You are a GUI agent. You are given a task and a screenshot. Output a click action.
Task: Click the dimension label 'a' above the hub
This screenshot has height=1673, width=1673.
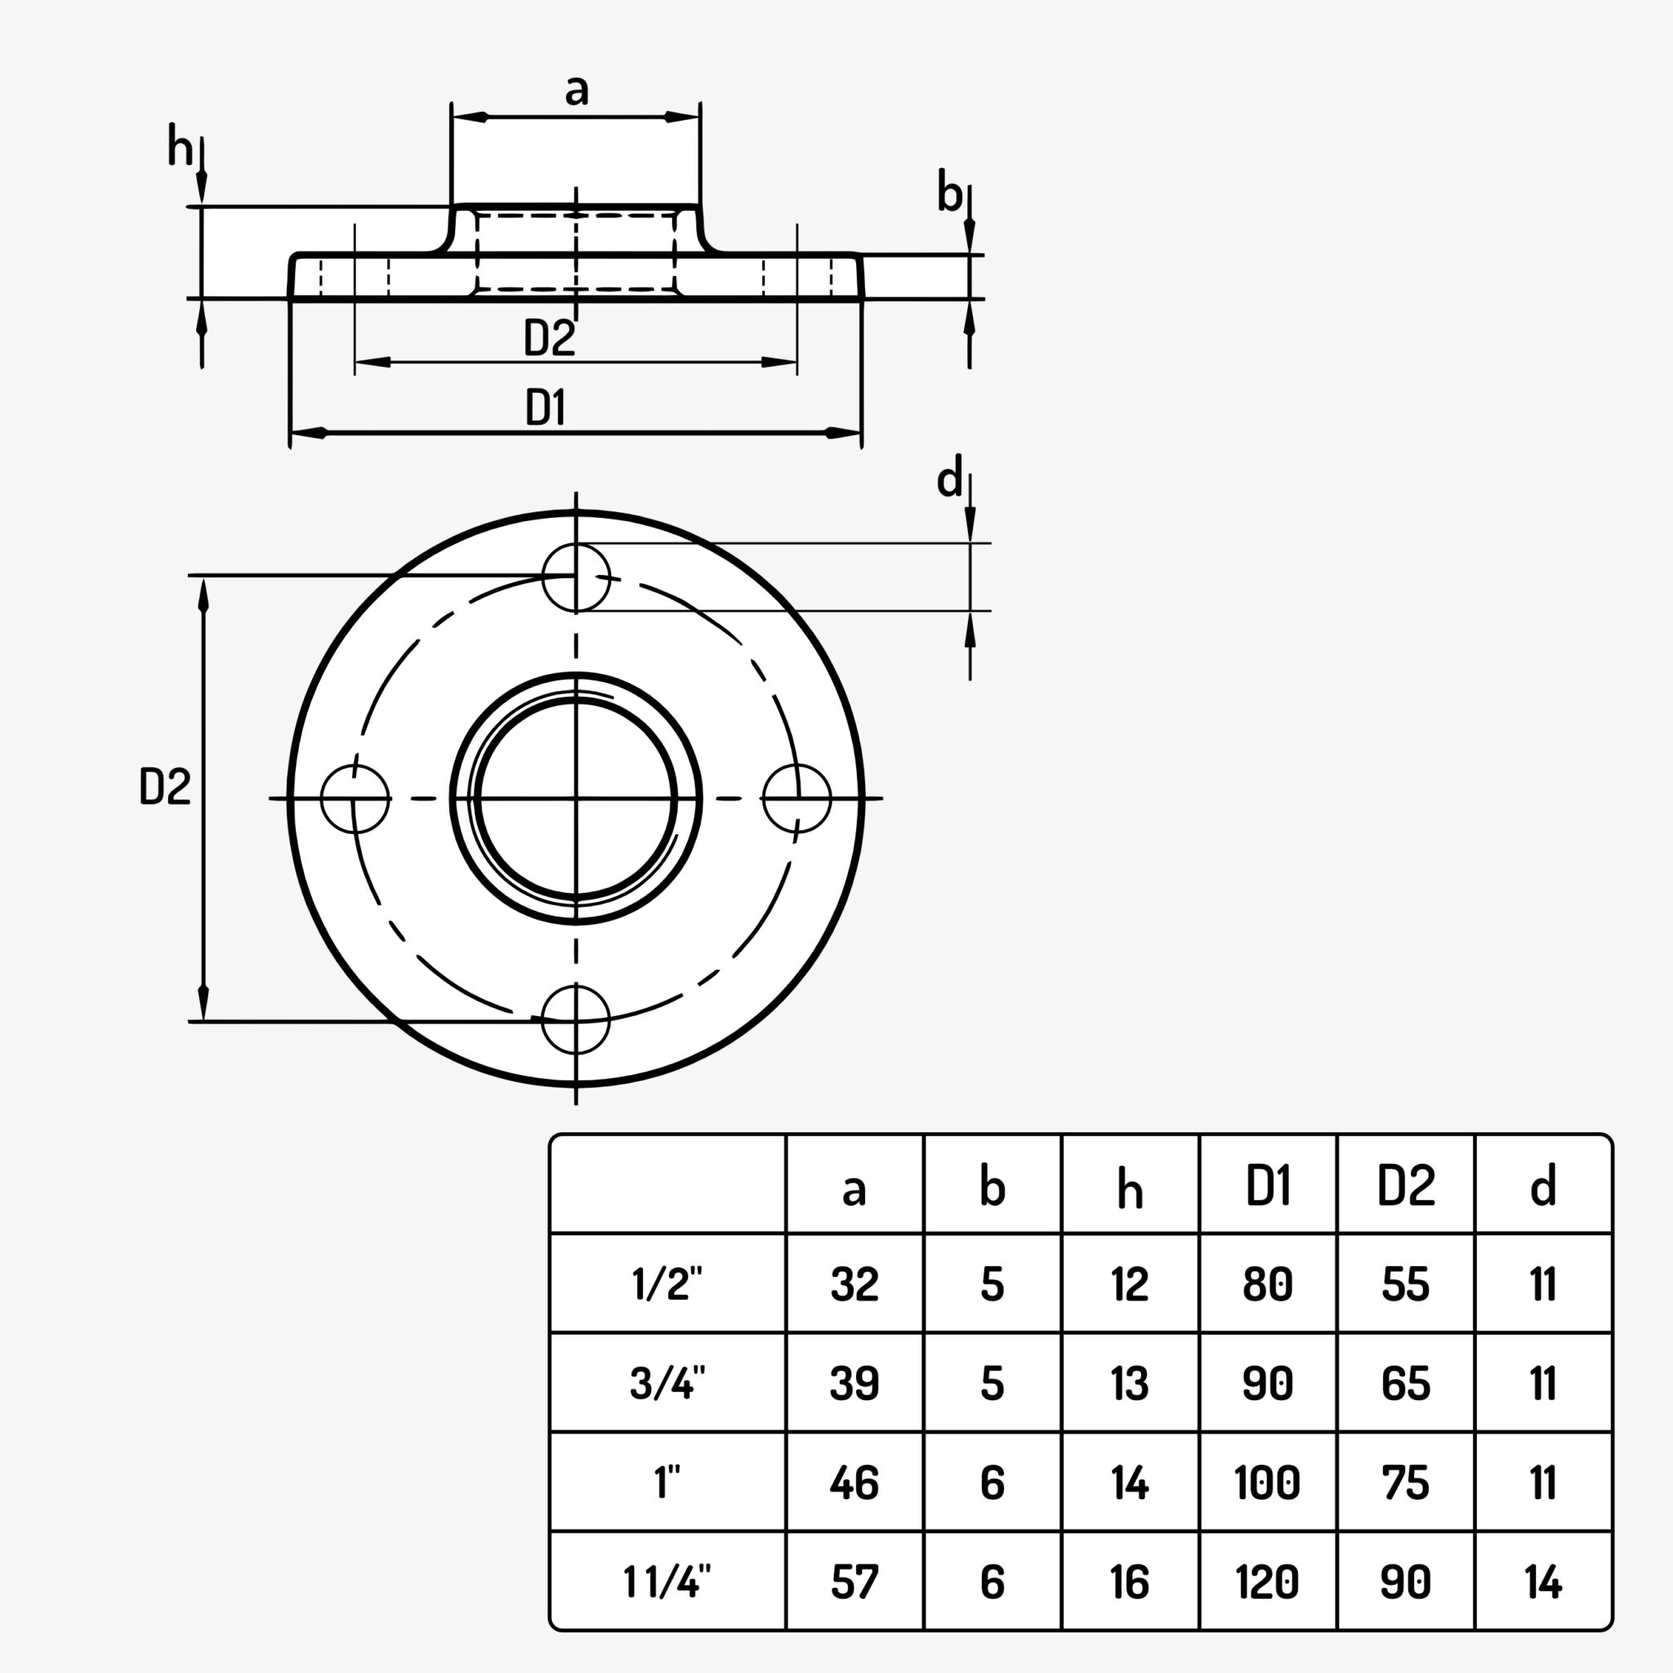[576, 90]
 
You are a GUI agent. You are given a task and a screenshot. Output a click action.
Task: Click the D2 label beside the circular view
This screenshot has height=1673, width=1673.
[164, 787]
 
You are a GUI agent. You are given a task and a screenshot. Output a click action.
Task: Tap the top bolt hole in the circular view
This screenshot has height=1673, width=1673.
[576, 578]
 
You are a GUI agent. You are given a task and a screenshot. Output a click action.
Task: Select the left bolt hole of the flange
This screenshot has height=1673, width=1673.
[355, 798]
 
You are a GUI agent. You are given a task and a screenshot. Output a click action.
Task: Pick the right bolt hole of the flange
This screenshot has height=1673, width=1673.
[796, 798]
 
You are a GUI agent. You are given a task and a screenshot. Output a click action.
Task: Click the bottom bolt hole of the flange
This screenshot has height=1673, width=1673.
[576, 1020]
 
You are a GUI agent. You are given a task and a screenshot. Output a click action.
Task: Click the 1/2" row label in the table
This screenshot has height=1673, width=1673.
[667, 1283]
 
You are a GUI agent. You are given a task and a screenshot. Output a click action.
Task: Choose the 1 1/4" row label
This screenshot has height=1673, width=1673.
[667, 1582]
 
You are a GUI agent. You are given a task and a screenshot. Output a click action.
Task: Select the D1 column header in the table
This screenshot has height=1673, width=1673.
[1268, 1185]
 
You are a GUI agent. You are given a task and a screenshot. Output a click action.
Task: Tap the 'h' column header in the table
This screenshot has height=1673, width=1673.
[1130, 1187]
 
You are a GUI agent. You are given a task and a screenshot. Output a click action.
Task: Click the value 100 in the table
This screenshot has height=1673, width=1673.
[1268, 1483]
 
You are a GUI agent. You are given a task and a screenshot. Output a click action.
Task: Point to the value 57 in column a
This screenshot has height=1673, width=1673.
[854, 1582]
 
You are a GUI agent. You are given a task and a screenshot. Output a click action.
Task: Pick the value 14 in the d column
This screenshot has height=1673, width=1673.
[1543, 1582]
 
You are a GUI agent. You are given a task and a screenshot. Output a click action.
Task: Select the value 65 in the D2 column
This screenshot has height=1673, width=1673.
[1405, 1383]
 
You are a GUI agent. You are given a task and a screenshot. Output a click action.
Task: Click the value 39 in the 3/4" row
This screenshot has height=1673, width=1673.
[854, 1383]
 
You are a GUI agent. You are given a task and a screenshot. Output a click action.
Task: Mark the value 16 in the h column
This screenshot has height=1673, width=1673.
[1130, 1582]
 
